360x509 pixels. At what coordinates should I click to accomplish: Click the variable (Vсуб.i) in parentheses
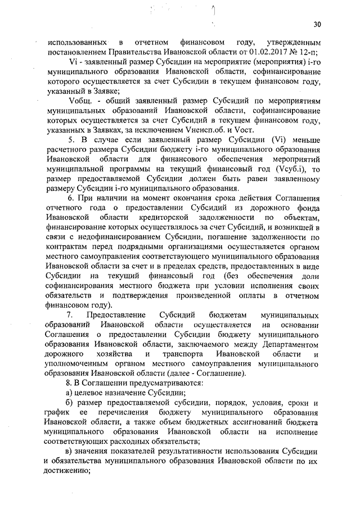(x=291, y=169)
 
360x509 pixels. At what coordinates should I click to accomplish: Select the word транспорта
(x=183, y=353)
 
